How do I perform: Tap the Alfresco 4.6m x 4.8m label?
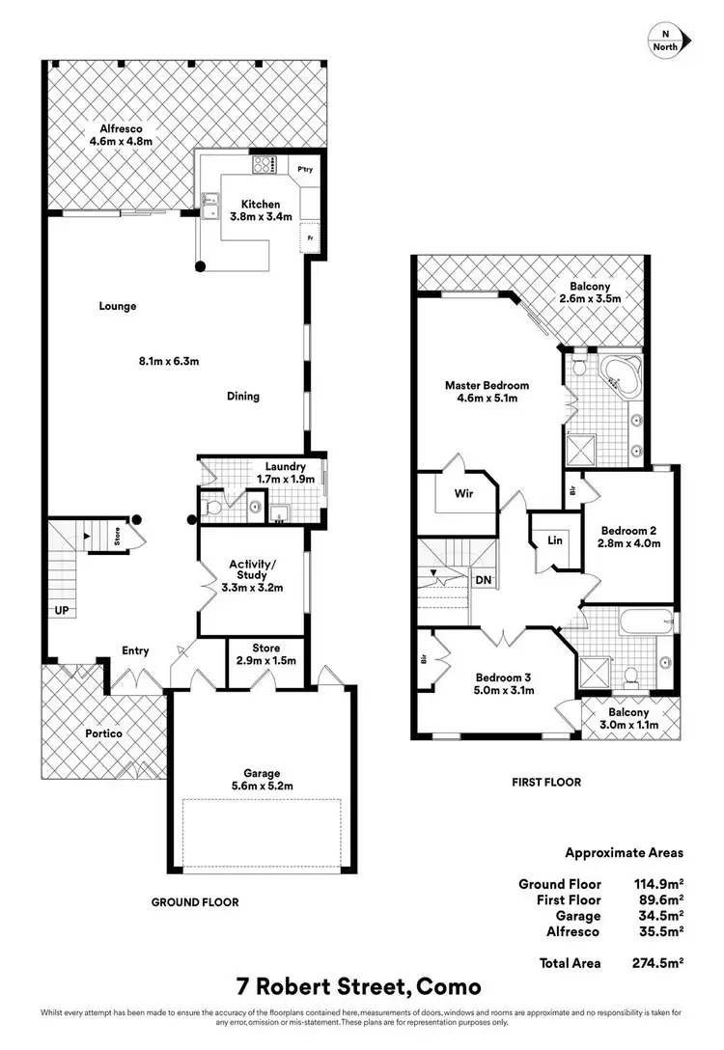click(121, 135)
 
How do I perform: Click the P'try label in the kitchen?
click(305, 170)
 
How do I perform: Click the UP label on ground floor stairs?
click(61, 612)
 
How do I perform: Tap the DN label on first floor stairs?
click(483, 580)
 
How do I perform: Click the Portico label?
click(102, 733)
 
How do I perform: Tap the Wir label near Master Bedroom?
click(462, 493)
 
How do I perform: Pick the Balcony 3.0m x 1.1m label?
click(630, 719)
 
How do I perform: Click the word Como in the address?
click(444, 988)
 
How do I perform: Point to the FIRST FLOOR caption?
click(545, 782)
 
